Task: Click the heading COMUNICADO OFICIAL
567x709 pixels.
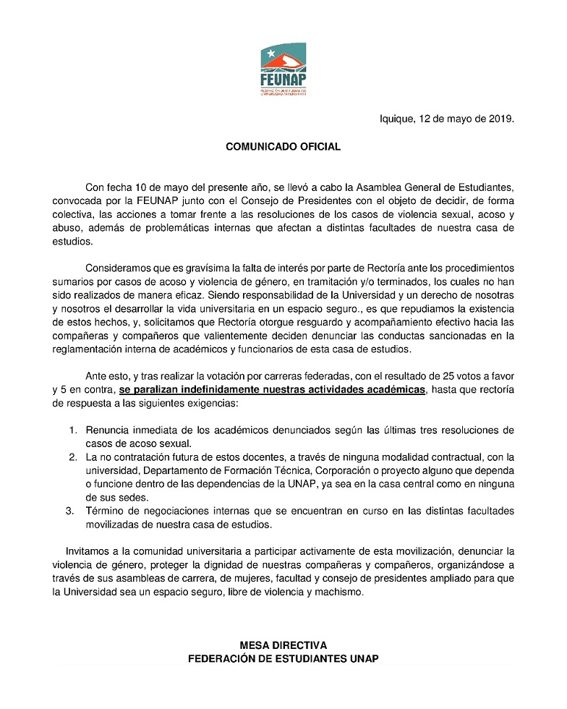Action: point(283,146)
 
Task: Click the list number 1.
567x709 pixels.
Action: point(72,430)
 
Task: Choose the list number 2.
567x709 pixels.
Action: point(72,457)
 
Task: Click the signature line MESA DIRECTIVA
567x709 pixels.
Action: point(283,645)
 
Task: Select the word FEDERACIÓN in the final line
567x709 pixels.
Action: point(223,658)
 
